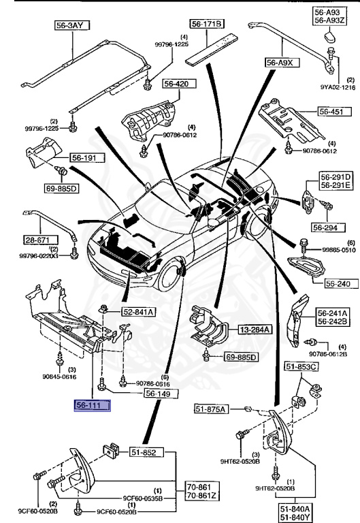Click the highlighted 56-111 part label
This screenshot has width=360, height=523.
click(x=93, y=406)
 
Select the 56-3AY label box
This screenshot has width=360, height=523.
click(x=72, y=25)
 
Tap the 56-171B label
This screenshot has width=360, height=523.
click(x=207, y=24)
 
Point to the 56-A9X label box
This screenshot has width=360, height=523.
click(x=282, y=63)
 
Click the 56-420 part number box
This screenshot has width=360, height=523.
click(x=180, y=83)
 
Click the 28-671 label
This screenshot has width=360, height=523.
click(x=40, y=240)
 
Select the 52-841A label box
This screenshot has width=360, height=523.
click(x=138, y=312)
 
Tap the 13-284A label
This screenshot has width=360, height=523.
click(x=255, y=330)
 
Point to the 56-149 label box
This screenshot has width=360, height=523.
click(x=161, y=394)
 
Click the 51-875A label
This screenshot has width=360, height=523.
click(x=212, y=409)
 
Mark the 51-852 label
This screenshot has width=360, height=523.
click(x=147, y=452)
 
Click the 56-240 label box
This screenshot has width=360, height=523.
click(x=342, y=283)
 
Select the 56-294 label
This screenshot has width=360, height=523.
click(x=329, y=227)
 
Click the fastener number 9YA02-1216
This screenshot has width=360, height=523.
click(x=338, y=87)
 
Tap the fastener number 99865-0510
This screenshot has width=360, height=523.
click(x=339, y=250)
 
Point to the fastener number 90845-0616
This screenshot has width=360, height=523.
click(x=59, y=377)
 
